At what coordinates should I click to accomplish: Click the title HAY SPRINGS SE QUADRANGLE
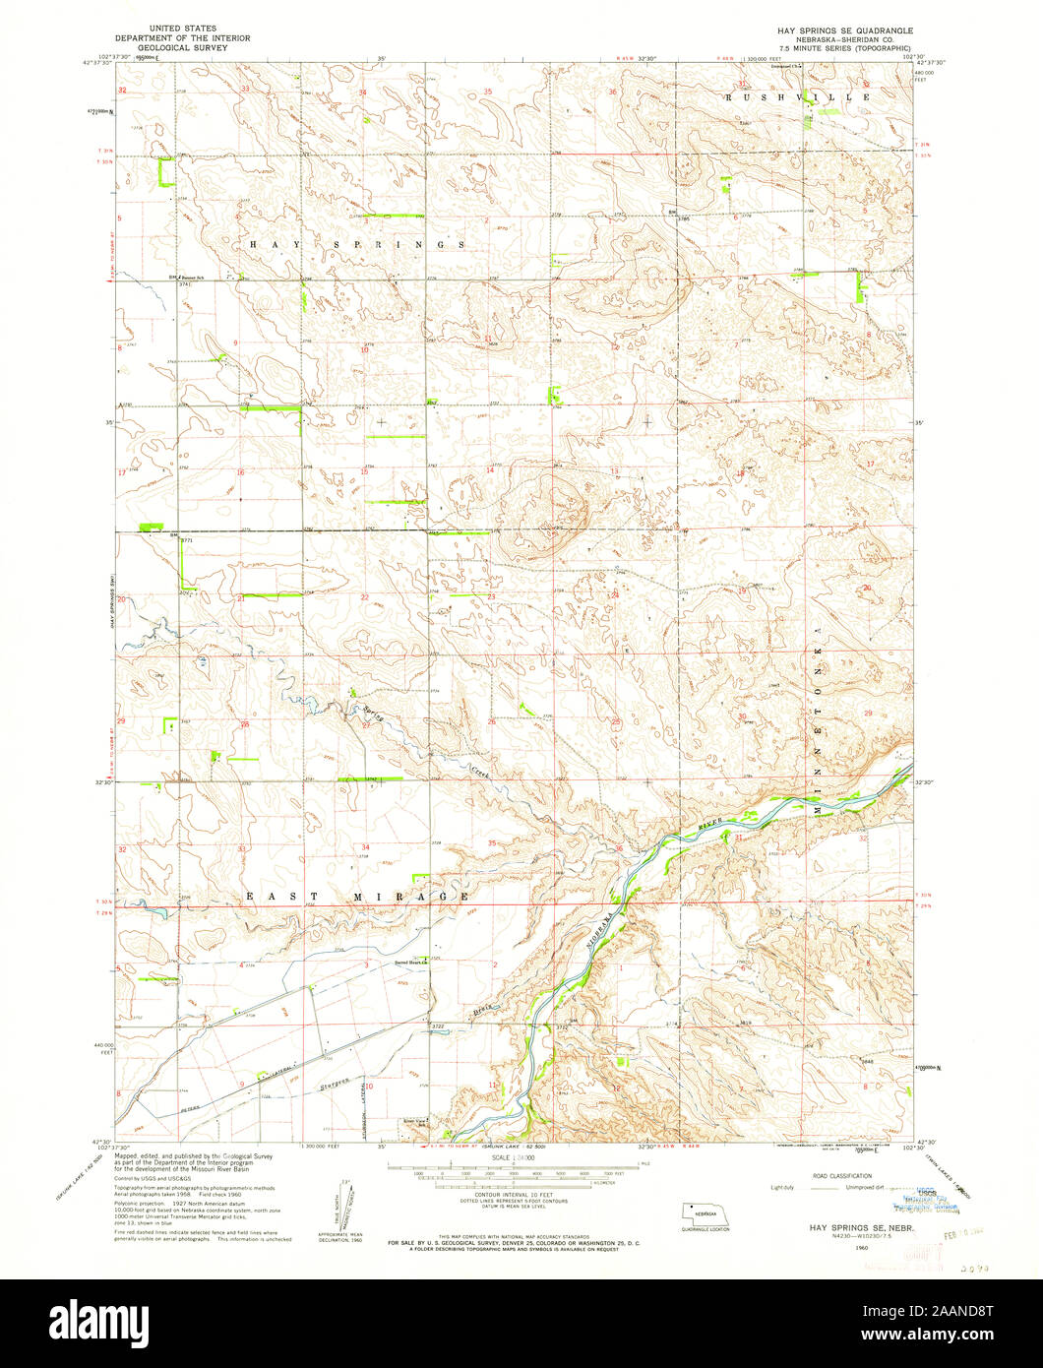click(843, 31)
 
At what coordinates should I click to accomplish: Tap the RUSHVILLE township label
click(798, 97)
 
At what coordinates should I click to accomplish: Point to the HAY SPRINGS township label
click(356, 243)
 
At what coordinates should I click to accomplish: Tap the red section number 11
click(491, 1084)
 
